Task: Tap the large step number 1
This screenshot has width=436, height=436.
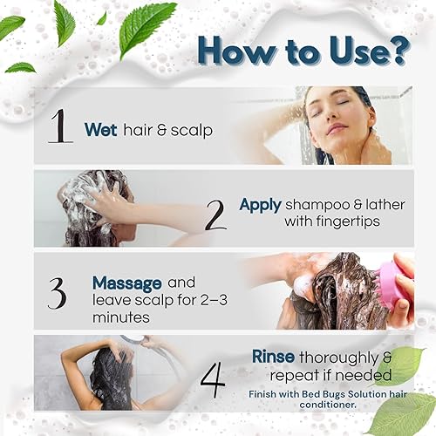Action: pyautogui.click(x=58, y=126)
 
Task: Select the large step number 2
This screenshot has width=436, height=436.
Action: pyautogui.click(x=215, y=213)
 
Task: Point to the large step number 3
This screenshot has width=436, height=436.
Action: pyautogui.click(x=57, y=294)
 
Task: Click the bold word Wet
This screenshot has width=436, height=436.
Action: pyautogui.click(x=100, y=129)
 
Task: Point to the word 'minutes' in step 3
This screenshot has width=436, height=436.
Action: pyautogui.click(x=120, y=318)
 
